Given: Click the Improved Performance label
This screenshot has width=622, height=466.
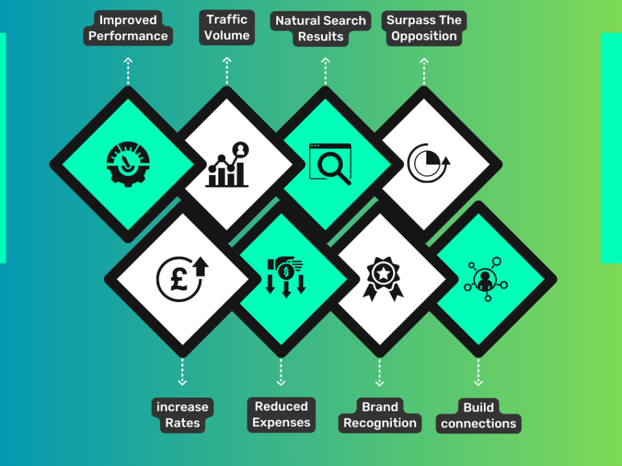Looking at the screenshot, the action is pyautogui.click(x=128, y=28).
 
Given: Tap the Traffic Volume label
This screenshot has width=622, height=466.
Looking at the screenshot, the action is pyautogui.click(x=227, y=27).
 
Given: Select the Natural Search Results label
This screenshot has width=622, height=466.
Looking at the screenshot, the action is pyautogui.click(x=320, y=29).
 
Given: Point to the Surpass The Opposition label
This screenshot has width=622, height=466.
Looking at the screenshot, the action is pyautogui.click(x=424, y=28).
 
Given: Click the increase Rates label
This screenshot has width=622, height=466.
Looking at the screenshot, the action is pyautogui.click(x=182, y=415).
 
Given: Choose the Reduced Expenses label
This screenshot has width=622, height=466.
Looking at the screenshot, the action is pyautogui.click(x=281, y=414).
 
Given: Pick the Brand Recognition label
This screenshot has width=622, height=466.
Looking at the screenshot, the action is pyautogui.click(x=380, y=415).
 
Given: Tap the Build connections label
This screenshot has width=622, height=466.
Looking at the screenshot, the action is pyautogui.click(x=478, y=415).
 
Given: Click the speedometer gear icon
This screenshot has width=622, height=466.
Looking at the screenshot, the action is pyautogui.click(x=128, y=164).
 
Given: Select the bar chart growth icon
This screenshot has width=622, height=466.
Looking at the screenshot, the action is pyautogui.click(x=227, y=164).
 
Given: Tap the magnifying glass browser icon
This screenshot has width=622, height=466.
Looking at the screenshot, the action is pyautogui.click(x=330, y=164).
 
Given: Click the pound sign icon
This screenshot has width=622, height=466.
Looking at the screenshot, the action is pyautogui.click(x=182, y=279).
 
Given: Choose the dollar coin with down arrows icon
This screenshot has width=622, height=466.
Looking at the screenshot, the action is pyautogui.click(x=286, y=277).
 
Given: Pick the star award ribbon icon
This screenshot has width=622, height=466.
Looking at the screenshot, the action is pyautogui.click(x=383, y=278).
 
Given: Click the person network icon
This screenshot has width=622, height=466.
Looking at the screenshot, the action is pyautogui.click(x=486, y=279).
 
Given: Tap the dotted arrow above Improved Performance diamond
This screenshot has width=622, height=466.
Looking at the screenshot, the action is pyautogui.click(x=128, y=71).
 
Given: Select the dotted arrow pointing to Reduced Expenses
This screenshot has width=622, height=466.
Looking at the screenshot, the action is pyautogui.click(x=281, y=372).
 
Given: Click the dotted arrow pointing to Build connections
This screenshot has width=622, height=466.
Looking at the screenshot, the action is pyautogui.click(x=478, y=372).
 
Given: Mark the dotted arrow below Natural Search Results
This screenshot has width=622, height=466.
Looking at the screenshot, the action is pyautogui.click(x=326, y=71).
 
